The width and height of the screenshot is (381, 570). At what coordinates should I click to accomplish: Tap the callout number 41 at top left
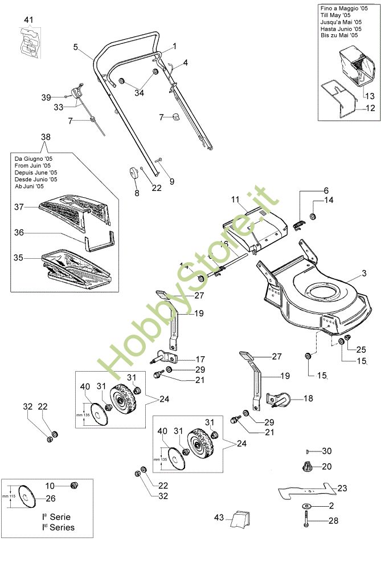[28, 21]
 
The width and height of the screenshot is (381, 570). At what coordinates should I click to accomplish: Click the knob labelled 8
[134, 172]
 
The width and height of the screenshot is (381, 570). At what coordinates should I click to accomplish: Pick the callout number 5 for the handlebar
[75, 47]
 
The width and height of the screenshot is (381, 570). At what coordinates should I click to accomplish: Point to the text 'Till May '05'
[336, 15]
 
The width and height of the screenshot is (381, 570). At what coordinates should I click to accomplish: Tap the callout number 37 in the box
[19, 207]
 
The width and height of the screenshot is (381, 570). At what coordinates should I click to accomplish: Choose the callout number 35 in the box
[19, 258]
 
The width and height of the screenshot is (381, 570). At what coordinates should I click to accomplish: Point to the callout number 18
[308, 398]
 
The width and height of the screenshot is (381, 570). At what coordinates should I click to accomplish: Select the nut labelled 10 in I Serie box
[72, 485]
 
